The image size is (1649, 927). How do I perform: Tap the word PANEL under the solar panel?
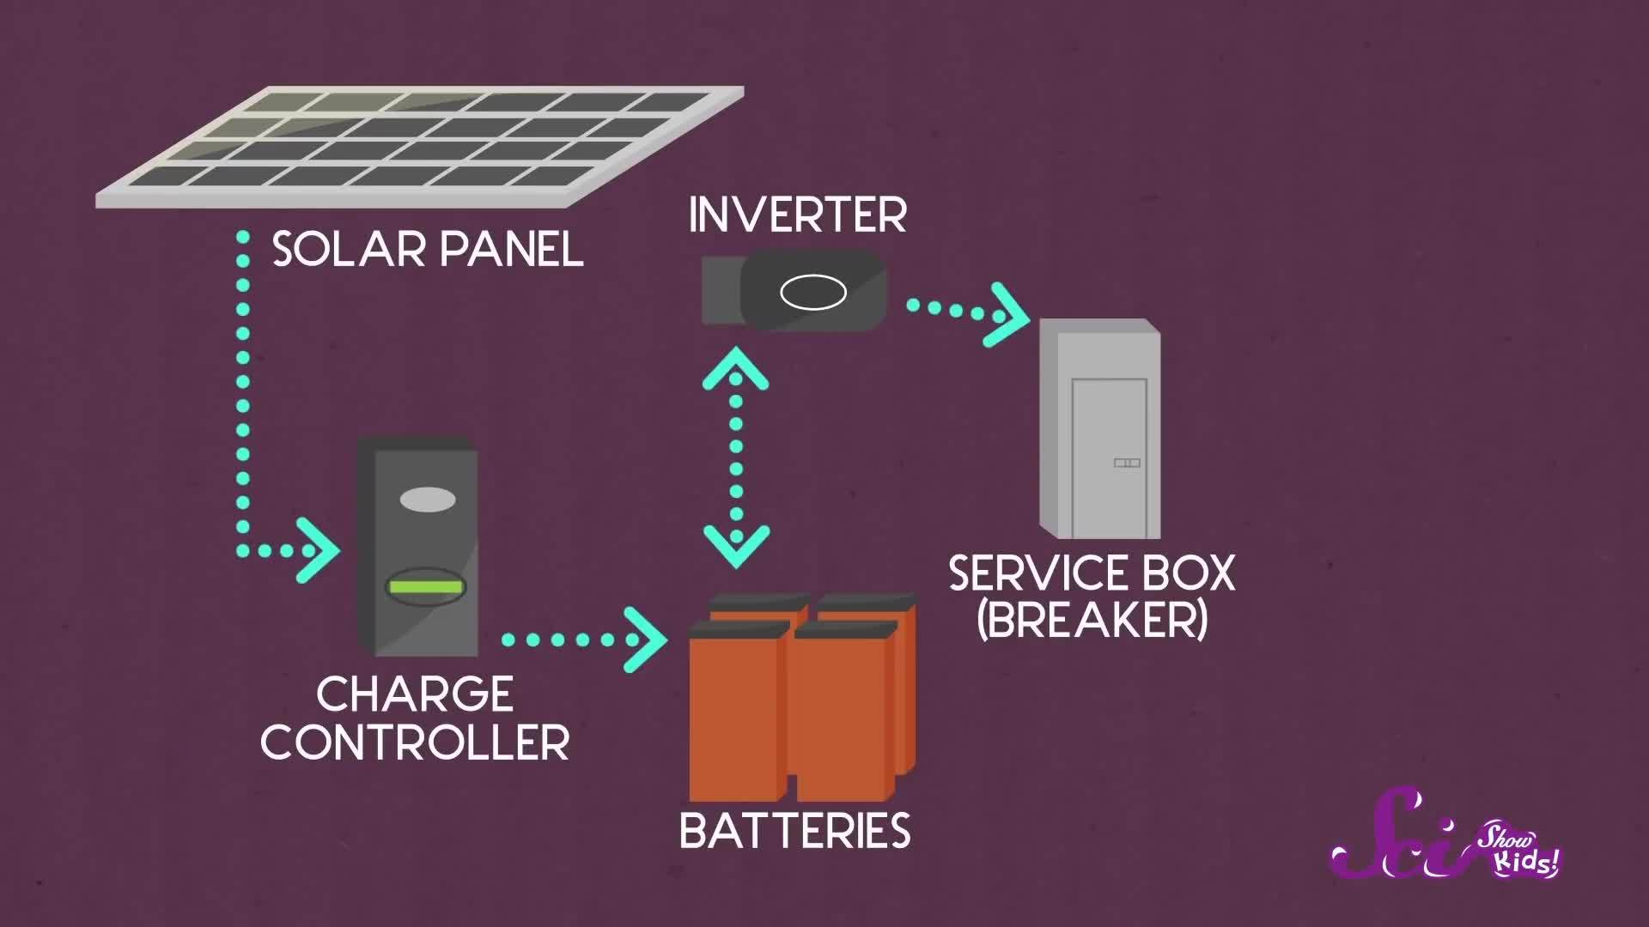pyautogui.click(x=512, y=250)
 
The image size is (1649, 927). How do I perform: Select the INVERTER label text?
pyautogui.click(x=797, y=215)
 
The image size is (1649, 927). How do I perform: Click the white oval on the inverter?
pyautogui.click(x=812, y=293)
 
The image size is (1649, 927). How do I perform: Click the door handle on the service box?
pyautogui.click(x=1127, y=463)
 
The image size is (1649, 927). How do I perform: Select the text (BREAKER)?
pyautogui.click(x=1092, y=620)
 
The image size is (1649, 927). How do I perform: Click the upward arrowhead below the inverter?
pyautogui.click(x=736, y=367)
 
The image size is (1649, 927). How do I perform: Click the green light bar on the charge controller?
pyautogui.click(x=425, y=588)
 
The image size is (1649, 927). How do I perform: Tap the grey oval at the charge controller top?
pyautogui.click(x=427, y=500)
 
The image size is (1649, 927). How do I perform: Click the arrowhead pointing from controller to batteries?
pyautogui.click(x=648, y=639)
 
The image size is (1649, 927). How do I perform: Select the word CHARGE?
pyautogui.click(x=415, y=694)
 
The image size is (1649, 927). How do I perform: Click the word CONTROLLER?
pyautogui.click(x=415, y=742)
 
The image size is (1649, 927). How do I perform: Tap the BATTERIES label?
pyautogui.click(x=794, y=831)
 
